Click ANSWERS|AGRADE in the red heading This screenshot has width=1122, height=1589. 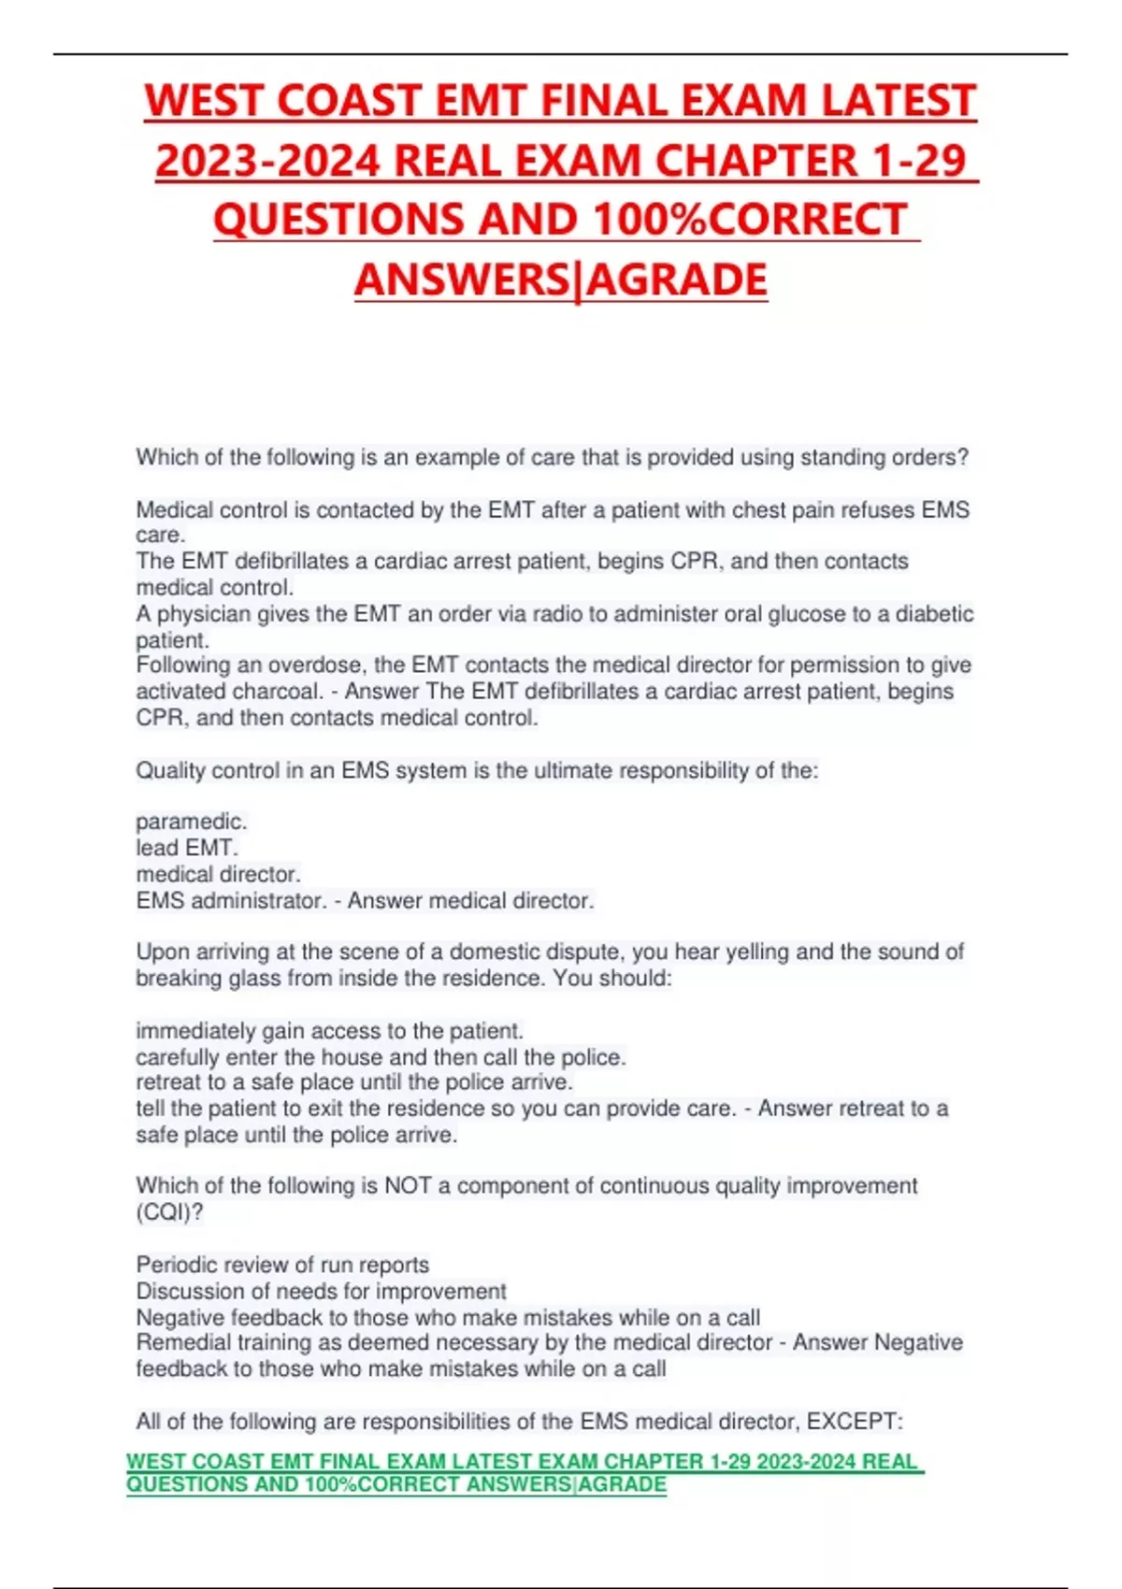click(x=561, y=279)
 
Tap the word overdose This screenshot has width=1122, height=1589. click(x=317, y=666)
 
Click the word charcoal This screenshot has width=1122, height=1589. click(x=279, y=692)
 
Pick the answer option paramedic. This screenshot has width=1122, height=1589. click(x=191, y=822)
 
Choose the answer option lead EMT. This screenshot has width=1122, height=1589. click(x=186, y=848)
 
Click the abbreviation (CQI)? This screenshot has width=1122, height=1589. click(x=169, y=1212)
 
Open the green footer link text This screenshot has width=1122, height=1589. click(x=524, y=1473)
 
